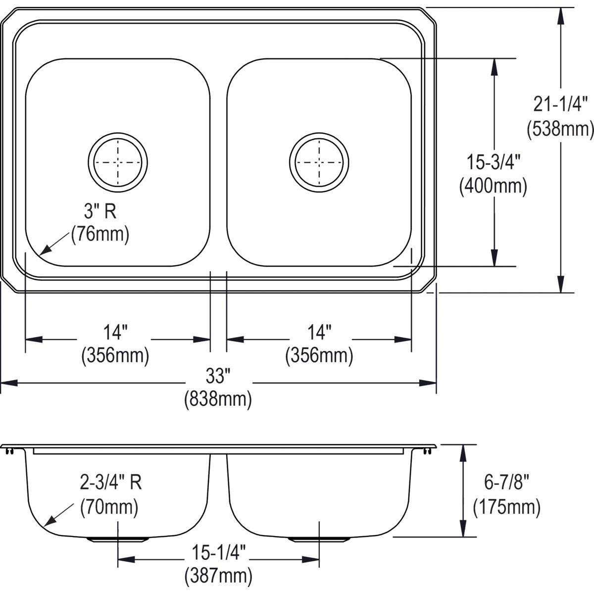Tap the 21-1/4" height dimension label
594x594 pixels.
pos(560,105)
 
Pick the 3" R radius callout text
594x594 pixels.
pos(99,211)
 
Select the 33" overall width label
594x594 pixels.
pos(218,376)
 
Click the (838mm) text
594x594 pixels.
pos(218,399)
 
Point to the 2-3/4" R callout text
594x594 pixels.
pos(111,482)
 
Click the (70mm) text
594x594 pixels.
pos(109,506)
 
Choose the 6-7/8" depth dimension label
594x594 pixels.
pos(506,482)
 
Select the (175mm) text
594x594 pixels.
pos(506,506)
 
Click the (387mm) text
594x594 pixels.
pos(218,576)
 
